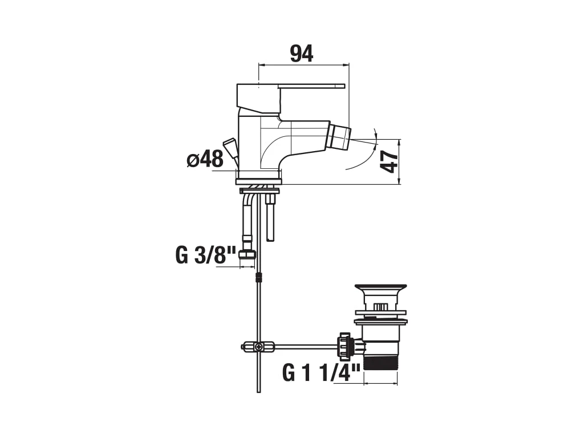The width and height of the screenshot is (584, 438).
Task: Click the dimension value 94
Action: (302, 54)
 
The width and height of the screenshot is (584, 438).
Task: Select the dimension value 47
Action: (390, 161)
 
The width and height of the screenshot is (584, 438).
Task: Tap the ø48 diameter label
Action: (205, 160)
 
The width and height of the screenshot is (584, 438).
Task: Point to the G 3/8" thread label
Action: (205, 255)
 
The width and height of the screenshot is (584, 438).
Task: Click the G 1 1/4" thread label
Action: (322, 372)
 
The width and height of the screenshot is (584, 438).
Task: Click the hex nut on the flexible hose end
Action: (248, 254)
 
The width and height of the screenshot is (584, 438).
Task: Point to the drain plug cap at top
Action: (380, 289)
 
